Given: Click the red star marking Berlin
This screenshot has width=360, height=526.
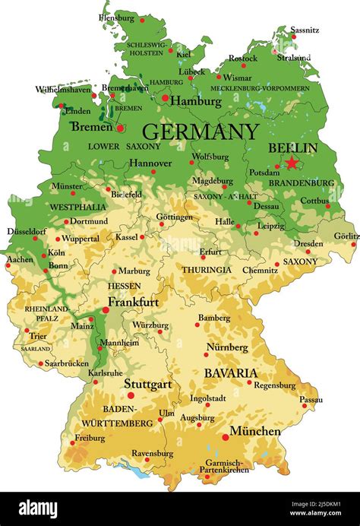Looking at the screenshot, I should (x=292, y=162).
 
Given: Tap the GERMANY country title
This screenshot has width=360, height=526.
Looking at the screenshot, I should (x=201, y=131).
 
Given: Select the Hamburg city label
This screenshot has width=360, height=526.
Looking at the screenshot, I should (x=195, y=100).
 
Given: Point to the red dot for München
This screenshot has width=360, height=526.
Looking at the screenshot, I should (x=225, y=437).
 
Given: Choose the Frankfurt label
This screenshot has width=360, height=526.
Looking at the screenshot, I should (x=133, y=302).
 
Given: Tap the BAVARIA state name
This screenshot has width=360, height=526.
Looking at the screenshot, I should (x=230, y=373).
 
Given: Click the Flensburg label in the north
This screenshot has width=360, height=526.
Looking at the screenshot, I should (x=116, y=17).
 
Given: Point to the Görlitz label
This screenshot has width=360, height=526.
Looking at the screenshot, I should (x=346, y=236).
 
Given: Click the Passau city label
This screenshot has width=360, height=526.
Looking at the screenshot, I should (x=311, y=399).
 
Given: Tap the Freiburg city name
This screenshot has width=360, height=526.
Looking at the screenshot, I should (x=90, y=438).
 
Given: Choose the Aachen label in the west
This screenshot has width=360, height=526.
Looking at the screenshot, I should (x=21, y=259).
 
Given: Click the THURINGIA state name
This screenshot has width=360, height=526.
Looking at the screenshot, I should (x=207, y=270).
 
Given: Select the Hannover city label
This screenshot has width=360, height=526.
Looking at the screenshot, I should (x=150, y=163).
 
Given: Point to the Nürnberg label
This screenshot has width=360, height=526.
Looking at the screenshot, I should (x=227, y=347).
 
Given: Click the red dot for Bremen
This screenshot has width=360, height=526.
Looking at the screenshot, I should (x=120, y=128).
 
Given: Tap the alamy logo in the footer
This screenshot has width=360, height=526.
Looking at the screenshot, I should (x=38, y=509).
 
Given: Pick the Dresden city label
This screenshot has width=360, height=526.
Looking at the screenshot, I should (x=308, y=244).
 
